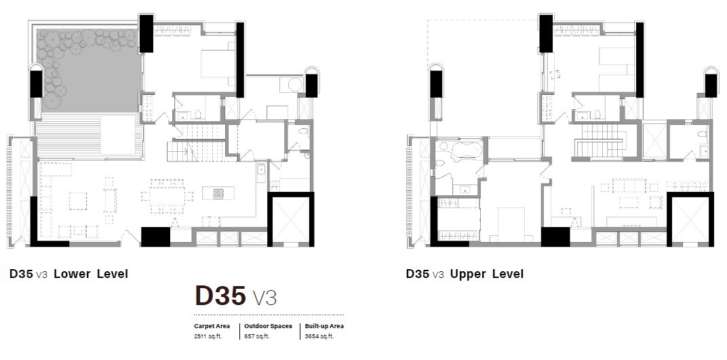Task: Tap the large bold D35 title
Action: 220,296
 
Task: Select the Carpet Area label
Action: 212,326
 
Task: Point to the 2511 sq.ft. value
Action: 208,336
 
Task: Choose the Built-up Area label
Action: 324,326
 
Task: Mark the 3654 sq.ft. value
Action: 319,336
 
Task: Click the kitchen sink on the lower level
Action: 260,171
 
